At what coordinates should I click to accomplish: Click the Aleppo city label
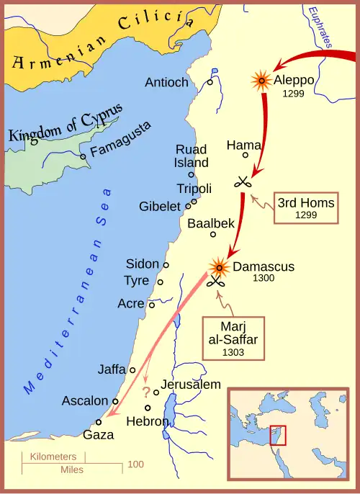[294, 80]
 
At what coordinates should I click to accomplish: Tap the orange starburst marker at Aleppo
[260, 80]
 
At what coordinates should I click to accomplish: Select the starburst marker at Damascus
[218, 267]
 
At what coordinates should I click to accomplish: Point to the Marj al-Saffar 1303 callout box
[233, 337]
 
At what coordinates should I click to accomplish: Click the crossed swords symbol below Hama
[243, 181]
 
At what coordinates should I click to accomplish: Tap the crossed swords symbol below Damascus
[215, 282]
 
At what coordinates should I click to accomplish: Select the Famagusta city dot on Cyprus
[84, 156]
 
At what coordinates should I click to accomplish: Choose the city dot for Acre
[151, 305]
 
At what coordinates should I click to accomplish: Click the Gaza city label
[98, 435]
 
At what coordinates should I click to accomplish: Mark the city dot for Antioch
[210, 82]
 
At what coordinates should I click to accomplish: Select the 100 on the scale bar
[135, 464]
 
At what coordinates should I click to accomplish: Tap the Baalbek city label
[211, 223]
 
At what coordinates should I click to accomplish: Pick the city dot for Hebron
[148, 408]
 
